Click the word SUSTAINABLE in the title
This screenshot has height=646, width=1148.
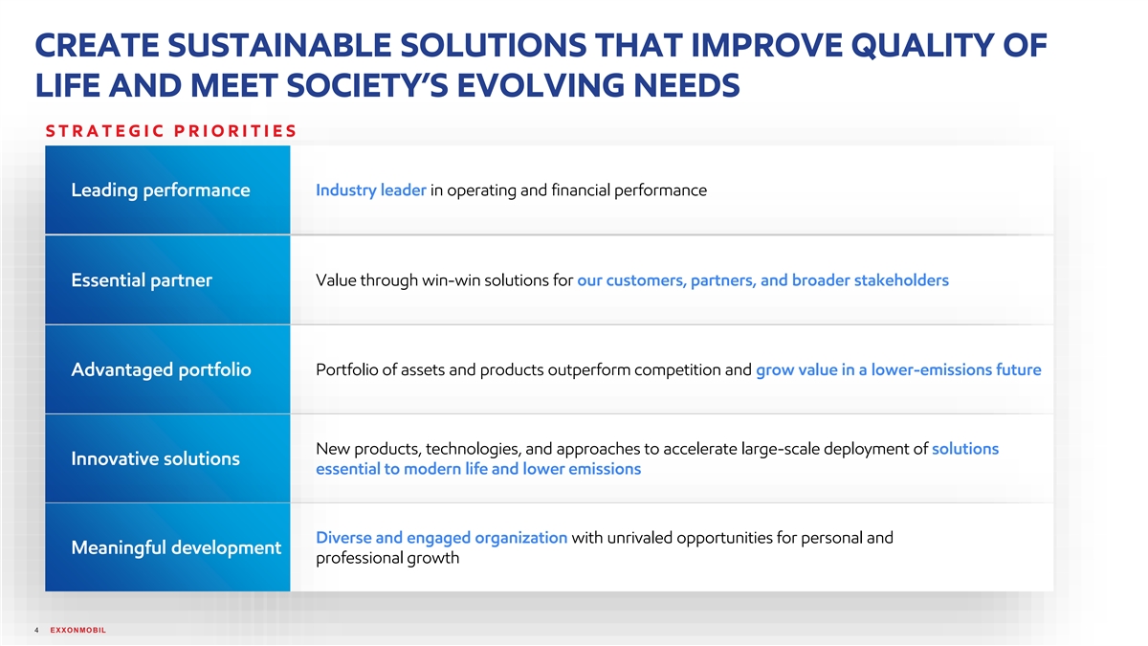point(279,45)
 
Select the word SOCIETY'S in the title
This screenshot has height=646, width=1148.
point(367,85)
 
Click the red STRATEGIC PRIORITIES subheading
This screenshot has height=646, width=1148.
point(171,131)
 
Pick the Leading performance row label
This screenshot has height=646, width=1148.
point(161,190)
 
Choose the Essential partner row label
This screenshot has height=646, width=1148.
point(142,280)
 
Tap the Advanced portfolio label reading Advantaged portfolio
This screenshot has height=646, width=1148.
point(161,369)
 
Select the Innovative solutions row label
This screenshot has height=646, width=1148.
point(155,458)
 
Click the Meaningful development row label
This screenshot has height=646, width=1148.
point(176,547)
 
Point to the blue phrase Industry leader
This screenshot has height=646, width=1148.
point(371,190)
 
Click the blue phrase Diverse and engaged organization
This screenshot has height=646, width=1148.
point(442,538)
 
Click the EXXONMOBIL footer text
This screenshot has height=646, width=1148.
point(77,630)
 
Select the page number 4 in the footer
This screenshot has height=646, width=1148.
point(36,630)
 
